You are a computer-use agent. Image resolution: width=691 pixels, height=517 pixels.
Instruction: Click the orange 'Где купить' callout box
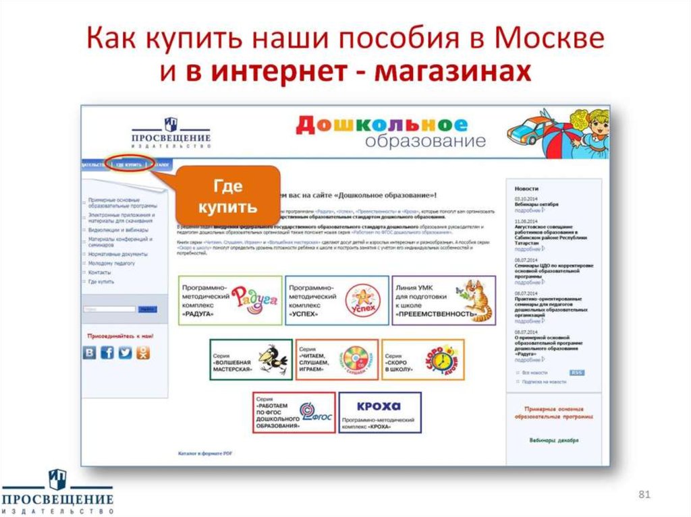click(x=228, y=195)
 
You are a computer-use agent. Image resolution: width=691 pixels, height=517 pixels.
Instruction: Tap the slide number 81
click(x=644, y=496)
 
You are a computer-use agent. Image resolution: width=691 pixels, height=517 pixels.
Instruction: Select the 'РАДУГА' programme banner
click(x=230, y=300)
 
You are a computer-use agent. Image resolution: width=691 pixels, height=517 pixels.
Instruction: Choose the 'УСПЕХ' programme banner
click(x=337, y=300)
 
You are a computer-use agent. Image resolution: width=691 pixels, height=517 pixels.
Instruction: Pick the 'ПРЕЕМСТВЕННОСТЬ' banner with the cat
click(x=443, y=300)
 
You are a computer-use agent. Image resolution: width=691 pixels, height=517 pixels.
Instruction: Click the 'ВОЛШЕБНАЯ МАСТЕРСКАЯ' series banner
click(x=250, y=359)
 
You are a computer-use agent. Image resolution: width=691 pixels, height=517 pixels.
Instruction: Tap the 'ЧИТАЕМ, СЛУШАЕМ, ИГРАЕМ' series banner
click(x=337, y=359)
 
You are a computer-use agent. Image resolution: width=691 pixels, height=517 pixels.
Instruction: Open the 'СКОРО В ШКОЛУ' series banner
click(x=422, y=359)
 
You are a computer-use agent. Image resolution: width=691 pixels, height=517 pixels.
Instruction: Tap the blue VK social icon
click(x=90, y=353)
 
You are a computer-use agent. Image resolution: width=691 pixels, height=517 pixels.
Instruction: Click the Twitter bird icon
click(x=126, y=353)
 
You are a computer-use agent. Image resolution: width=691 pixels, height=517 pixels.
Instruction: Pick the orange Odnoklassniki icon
click(x=143, y=353)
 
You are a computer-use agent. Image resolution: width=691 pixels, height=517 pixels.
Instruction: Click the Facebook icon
click(x=107, y=353)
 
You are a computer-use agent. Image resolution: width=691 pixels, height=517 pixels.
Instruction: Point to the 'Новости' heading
click(x=526, y=189)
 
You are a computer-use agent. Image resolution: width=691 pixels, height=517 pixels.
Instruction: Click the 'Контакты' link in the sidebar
click(x=99, y=272)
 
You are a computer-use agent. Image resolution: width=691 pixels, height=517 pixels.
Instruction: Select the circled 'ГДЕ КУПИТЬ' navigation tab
click(x=128, y=164)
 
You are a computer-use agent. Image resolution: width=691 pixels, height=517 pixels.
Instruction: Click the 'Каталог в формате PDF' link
click(x=204, y=452)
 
